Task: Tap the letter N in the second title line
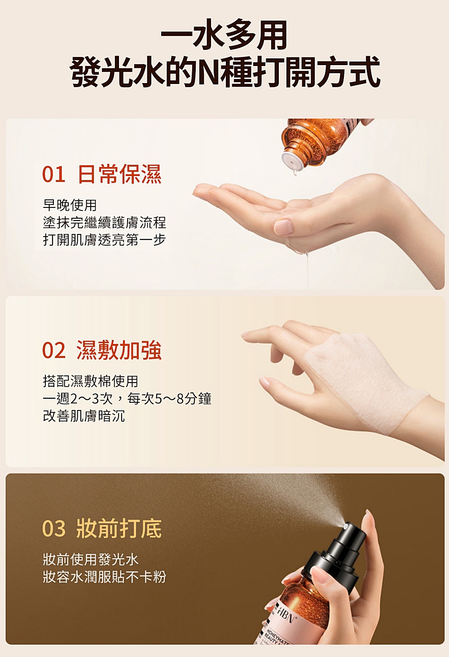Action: click(209, 72)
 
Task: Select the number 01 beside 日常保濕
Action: click(54, 175)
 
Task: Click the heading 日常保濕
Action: click(119, 174)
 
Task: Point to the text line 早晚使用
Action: click(70, 205)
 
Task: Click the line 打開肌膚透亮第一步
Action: click(105, 240)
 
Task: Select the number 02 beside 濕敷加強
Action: click(54, 350)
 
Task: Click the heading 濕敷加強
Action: click(119, 350)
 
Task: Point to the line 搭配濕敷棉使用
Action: click(90, 381)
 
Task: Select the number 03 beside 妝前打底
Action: click(54, 529)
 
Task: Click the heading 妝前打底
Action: click(119, 529)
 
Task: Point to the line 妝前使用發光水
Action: click(91, 560)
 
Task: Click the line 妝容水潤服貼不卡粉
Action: click(105, 577)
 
